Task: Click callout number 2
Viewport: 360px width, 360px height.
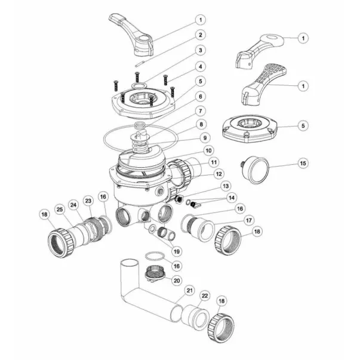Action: (201, 35)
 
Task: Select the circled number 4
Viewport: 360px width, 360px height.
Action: (201, 66)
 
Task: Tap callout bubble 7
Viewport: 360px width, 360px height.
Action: (201, 111)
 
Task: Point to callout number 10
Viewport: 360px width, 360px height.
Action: (207, 150)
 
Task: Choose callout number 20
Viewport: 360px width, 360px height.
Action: (176, 280)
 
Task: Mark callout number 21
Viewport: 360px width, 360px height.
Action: (189, 291)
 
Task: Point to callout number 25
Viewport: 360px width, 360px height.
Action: (59, 209)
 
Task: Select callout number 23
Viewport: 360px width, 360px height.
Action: (88, 201)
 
